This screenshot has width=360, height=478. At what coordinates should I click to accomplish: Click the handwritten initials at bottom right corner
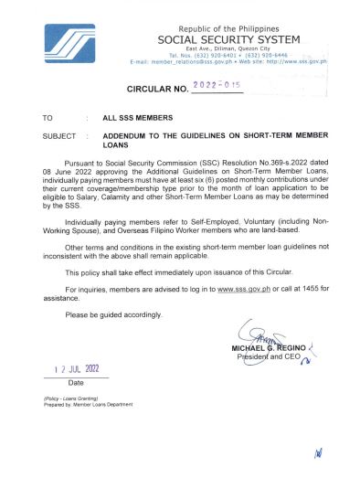pyautogui.click(x=318, y=452)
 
